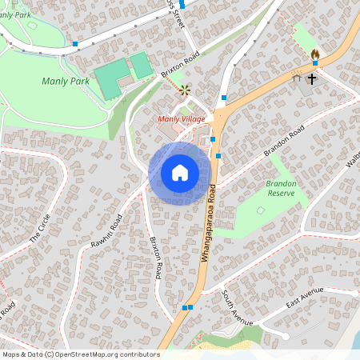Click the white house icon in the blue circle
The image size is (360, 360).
[180, 172]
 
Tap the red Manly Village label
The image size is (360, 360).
[182, 119]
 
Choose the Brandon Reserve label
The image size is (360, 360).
[281, 188]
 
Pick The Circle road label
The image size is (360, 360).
[39, 229]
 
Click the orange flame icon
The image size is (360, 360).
[314, 54]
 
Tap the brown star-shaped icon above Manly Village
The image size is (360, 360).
[186, 90]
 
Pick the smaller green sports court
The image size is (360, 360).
[142, 65]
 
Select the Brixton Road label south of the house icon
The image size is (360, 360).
[157, 258]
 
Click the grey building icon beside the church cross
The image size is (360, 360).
[297, 78]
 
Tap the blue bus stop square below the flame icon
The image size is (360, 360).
[314, 62]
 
